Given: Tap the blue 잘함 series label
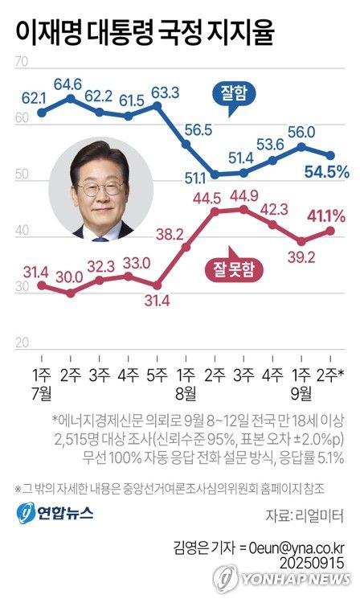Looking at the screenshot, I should pyautogui.click(x=232, y=95).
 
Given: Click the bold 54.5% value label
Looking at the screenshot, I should pyautogui.click(x=325, y=171).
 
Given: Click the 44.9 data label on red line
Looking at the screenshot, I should pyautogui.click(x=243, y=196).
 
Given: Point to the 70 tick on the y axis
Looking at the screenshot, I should pyautogui.click(x=22, y=62).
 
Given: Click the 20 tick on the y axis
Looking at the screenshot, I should pyautogui.click(x=22, y=343).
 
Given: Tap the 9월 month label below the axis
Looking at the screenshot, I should pyautogui.click(x=301, y=393).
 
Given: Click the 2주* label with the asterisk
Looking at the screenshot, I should pyautogui.click(x=331, y=375).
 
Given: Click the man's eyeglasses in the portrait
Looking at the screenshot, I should pyautogui.click(x=101, y=187).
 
